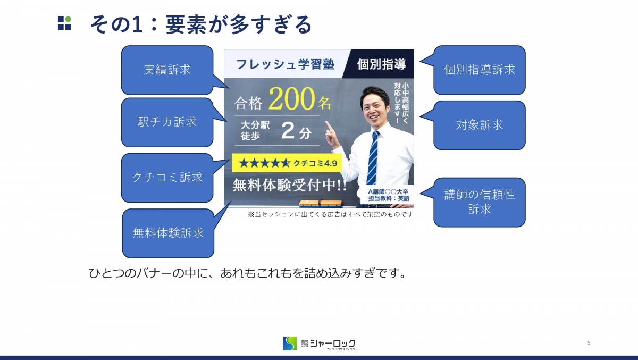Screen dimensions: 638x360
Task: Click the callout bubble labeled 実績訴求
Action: click(x=167, y=70)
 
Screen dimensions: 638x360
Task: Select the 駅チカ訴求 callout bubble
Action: click(x=167, y=122)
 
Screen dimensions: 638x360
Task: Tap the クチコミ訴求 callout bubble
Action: click(x=167, y=178)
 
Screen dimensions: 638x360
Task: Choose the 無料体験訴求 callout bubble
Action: click(x=168, y=233)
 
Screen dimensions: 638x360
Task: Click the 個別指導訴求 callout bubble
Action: click(x=480, y=70)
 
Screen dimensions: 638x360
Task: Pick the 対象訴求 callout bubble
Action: click(x=480, y=125)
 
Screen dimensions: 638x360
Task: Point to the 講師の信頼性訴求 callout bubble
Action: click(x=480, y=202)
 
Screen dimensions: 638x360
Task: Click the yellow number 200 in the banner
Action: click(x=291, y=99)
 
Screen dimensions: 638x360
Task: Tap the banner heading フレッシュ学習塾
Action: click(x=286, y=64)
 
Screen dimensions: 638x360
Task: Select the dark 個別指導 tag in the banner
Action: click(x=378, y=64)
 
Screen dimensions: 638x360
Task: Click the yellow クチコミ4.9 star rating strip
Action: click(x=287, y=163)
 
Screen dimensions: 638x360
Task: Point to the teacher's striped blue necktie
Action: click(x=373, y=157)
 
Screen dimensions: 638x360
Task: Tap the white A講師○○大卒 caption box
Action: click(x=389, y=195)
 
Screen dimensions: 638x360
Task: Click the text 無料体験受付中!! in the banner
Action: click(x=290, y=186)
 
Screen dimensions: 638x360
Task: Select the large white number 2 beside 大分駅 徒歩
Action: click(x=288, y=131)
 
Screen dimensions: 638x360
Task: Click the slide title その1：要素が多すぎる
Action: click(x=201, y=24)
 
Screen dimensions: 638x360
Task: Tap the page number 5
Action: click(x=589, y=342)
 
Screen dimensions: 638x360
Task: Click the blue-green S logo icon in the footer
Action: click(x=290, y=344)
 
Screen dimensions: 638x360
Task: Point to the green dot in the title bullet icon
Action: click(x=68, y=19)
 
